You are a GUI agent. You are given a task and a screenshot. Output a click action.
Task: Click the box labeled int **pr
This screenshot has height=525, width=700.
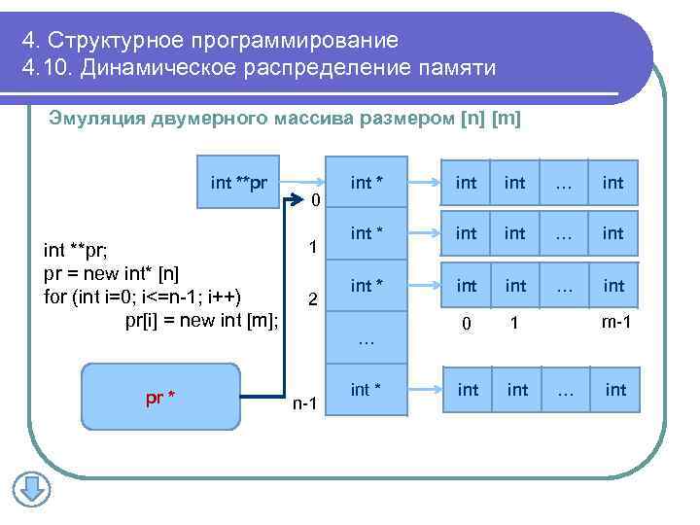click(239, 182)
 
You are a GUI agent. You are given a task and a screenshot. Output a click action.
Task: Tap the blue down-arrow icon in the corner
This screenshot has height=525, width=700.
click(30, 488)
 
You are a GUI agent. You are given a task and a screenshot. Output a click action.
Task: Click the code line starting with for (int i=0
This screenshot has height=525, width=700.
click(144, 296)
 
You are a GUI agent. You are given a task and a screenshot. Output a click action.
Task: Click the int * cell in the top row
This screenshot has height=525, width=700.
click(366, 182)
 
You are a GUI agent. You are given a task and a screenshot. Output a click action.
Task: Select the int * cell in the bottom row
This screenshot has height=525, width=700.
click(366, 390)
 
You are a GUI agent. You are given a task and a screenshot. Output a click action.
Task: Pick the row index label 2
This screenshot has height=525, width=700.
click(312, 299)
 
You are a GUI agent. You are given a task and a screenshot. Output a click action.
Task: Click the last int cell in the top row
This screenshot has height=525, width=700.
click(613, 182)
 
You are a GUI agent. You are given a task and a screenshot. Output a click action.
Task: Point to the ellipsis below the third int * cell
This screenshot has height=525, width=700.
click(366, 339)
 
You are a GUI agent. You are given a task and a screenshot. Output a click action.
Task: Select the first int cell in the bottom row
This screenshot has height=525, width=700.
click(468, 390)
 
